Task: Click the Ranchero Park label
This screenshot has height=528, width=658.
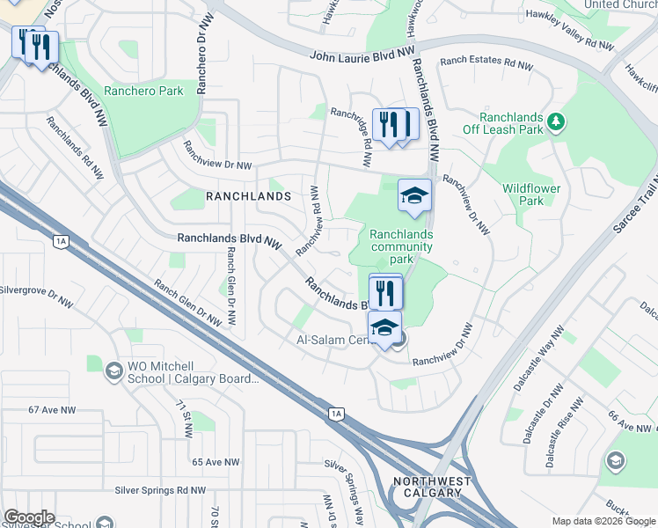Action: (x=143, y=91)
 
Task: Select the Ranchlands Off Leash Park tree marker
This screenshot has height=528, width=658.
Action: (x=555, y=121)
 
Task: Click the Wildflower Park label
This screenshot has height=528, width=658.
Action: (x=530, y=194)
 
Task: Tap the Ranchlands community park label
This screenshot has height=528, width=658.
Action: (x=401, y=247)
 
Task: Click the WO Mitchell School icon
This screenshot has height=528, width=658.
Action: (x=113, y=371)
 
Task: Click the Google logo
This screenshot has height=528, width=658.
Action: (x=28, y=517)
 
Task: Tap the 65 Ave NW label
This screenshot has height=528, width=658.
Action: (x=216, y=462)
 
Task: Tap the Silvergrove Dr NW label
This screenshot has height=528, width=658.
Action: (x=36, y=293)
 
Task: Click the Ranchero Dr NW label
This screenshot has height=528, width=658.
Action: (x=203, y=55)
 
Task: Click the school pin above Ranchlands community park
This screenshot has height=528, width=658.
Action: (x=415, y=195)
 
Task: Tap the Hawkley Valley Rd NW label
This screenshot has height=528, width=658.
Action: (x=569, y=28)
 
